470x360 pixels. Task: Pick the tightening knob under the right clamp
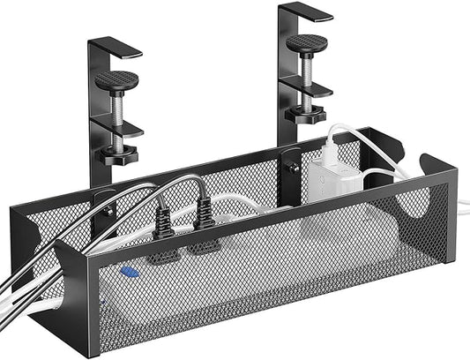coord(313,113)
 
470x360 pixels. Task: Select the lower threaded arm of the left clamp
coord(121,131)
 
